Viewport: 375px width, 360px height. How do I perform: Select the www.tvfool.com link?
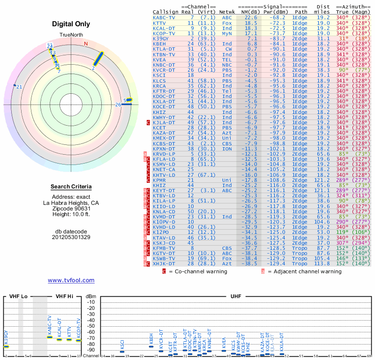click(71, 280)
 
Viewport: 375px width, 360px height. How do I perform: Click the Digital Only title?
click(71, 24)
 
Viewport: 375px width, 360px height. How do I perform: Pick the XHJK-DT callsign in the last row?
click(164, 263)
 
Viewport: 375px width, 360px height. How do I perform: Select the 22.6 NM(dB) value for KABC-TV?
click(250, 17)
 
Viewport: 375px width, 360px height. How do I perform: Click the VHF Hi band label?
click(65, 297)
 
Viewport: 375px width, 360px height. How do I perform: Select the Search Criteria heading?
click(71, 187)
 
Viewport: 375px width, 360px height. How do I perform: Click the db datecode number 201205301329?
click(71, 237)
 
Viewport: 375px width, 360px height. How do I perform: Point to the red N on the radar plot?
click(86, 44)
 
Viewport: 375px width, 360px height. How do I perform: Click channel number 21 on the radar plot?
click(19, 87)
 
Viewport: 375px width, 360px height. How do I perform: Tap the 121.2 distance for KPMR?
click(322, 180)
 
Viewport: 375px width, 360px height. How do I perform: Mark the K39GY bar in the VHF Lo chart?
click(7, 346)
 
